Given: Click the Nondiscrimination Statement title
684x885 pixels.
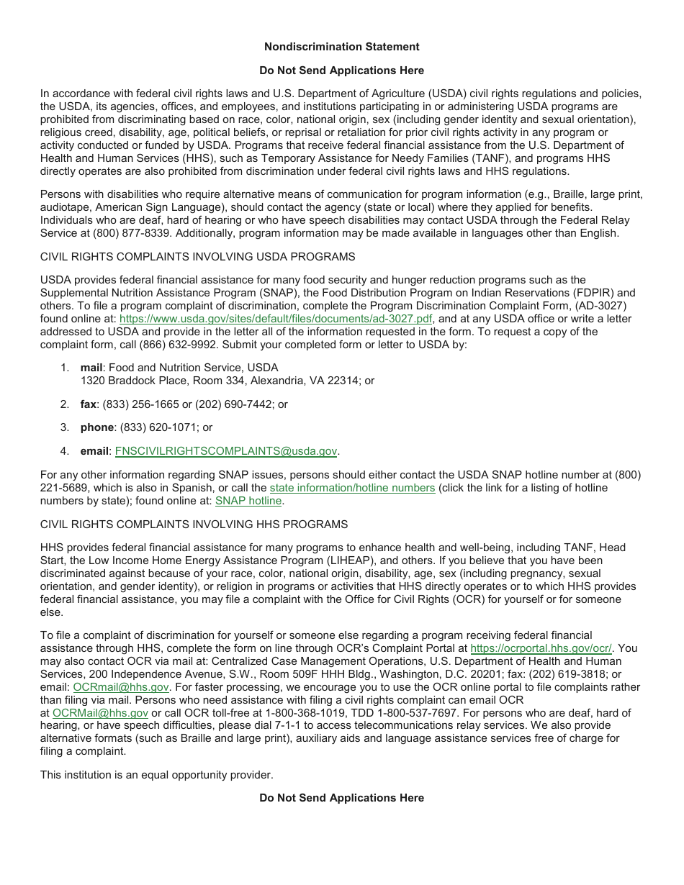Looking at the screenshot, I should [x=341, y=47].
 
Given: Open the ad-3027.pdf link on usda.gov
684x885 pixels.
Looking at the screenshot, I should [x=276, y=319].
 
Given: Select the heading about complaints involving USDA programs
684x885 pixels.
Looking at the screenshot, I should [x=197, y=257].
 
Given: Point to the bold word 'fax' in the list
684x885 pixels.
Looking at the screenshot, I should [x=89, y=404].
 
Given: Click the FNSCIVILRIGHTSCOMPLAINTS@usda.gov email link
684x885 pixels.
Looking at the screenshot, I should [x=226, y=451].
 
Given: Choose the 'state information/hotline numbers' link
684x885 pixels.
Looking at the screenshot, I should [x=352, y=488].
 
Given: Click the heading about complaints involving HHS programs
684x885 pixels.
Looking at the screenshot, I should [x=194, y=525].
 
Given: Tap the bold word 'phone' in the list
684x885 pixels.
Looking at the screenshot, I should [x=97, y=427].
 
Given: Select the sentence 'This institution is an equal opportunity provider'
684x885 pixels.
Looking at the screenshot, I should [x=156, y=775].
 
